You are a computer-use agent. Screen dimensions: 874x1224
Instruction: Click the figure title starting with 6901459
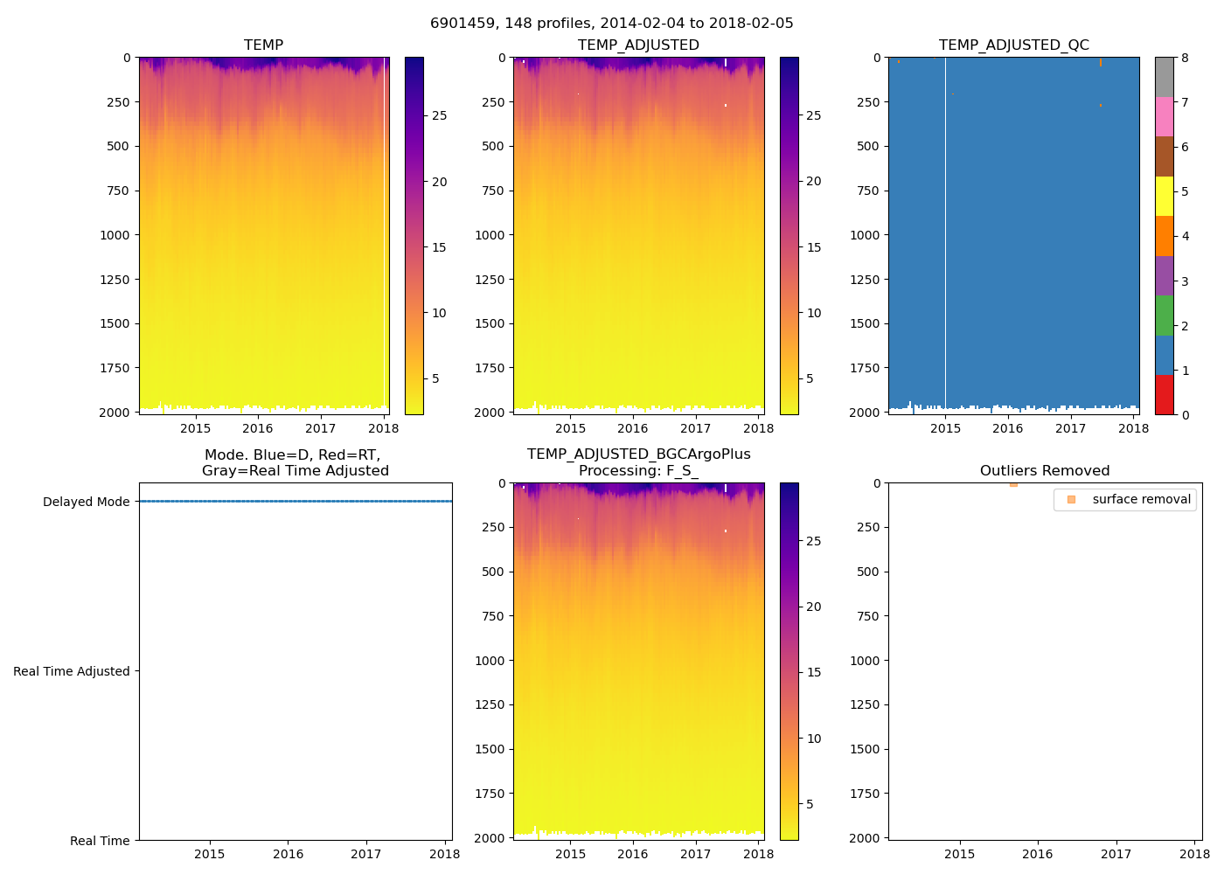[611, 23]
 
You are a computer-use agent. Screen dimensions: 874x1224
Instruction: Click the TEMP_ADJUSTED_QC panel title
[1013, 45]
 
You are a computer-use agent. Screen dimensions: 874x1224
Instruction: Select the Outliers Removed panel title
[1044, 470]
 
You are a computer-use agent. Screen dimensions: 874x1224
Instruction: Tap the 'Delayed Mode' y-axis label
[86, 502]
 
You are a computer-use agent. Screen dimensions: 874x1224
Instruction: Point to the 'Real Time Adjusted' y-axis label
[71, 671]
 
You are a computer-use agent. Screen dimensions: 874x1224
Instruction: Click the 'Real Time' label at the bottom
[100, 841]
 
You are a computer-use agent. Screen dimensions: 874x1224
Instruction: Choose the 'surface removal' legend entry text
[1141, 499]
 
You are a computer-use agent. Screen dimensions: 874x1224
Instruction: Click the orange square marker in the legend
[1071, 499]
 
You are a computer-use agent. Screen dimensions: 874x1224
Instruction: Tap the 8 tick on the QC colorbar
[1185, 58]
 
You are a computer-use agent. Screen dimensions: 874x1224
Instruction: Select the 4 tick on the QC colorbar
[1185, 236]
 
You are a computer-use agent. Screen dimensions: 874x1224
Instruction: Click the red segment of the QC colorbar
[1164, 394]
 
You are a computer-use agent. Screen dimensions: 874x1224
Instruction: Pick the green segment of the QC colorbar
[1164, 315]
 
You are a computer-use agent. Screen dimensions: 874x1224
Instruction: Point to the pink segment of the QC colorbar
[1164, 116]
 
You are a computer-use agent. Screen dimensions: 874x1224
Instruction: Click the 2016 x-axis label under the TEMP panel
[258, 428]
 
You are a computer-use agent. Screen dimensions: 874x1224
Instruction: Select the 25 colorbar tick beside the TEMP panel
[439, 115]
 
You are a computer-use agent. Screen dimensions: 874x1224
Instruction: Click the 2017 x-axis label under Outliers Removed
[1116, 854]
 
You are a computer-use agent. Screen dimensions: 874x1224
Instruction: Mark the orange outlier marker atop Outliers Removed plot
[1013, 484]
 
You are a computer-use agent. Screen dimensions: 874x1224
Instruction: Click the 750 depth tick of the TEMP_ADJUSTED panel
[493, 191]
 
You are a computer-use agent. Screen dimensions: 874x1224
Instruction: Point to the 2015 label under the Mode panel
[210, 854]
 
